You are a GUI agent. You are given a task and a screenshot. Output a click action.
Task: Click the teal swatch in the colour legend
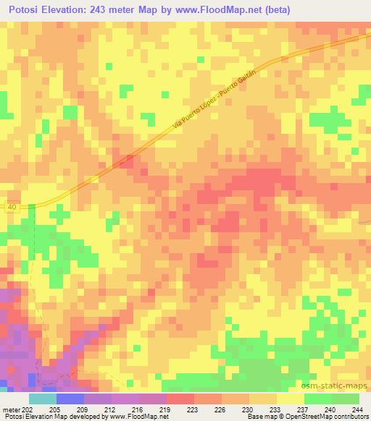(42, 399)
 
